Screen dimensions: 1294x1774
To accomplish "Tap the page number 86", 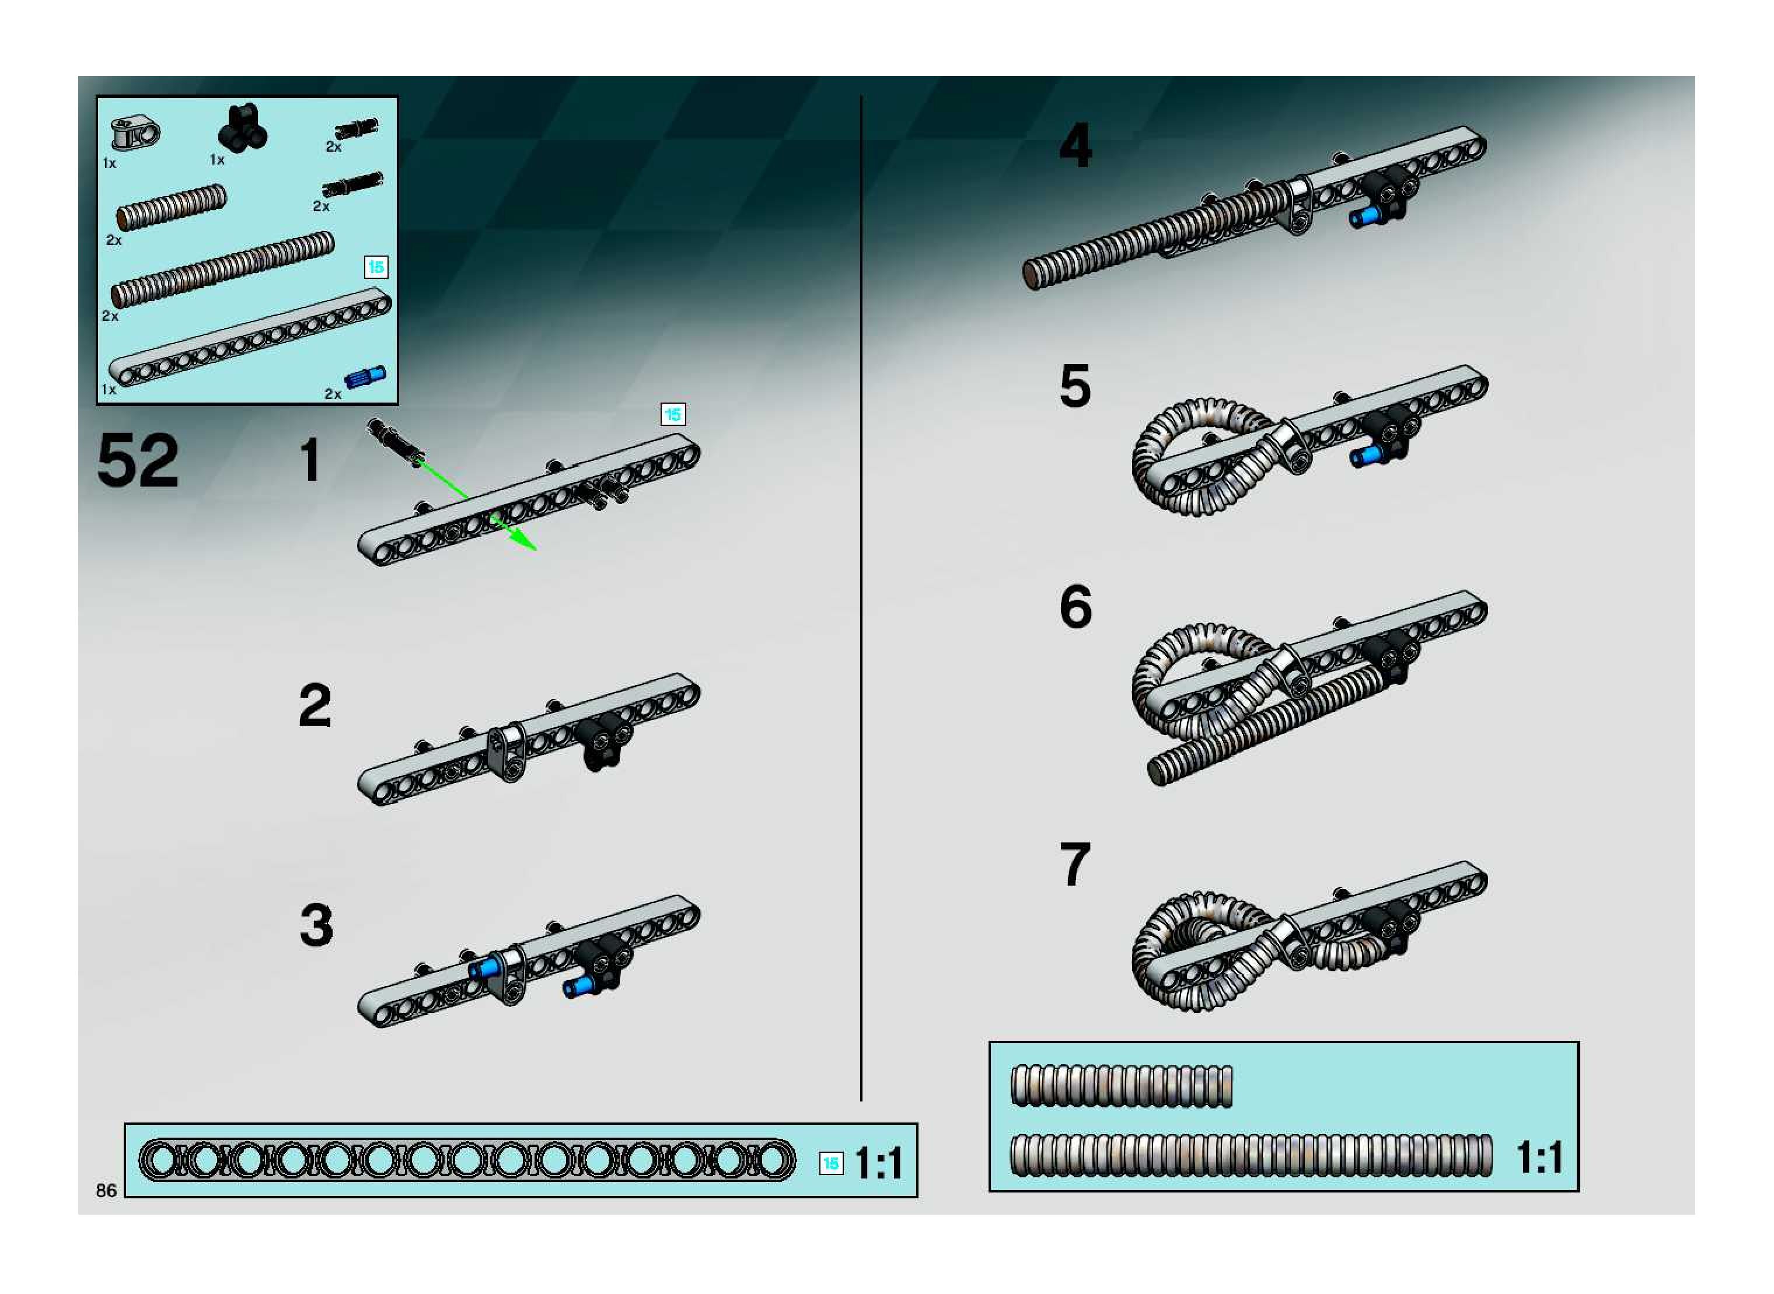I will point(106,1191).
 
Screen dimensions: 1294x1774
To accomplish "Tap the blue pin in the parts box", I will point(365,377).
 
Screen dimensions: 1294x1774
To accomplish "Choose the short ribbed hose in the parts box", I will point(172,207).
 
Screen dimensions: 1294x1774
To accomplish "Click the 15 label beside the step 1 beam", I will point(673,414).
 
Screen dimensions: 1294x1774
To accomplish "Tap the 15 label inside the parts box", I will point(376,267).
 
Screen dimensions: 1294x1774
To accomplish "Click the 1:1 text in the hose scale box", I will point(1540,1157).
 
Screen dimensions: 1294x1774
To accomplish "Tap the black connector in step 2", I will point(601,744).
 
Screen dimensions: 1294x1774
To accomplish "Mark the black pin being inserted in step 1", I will point(396,442).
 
